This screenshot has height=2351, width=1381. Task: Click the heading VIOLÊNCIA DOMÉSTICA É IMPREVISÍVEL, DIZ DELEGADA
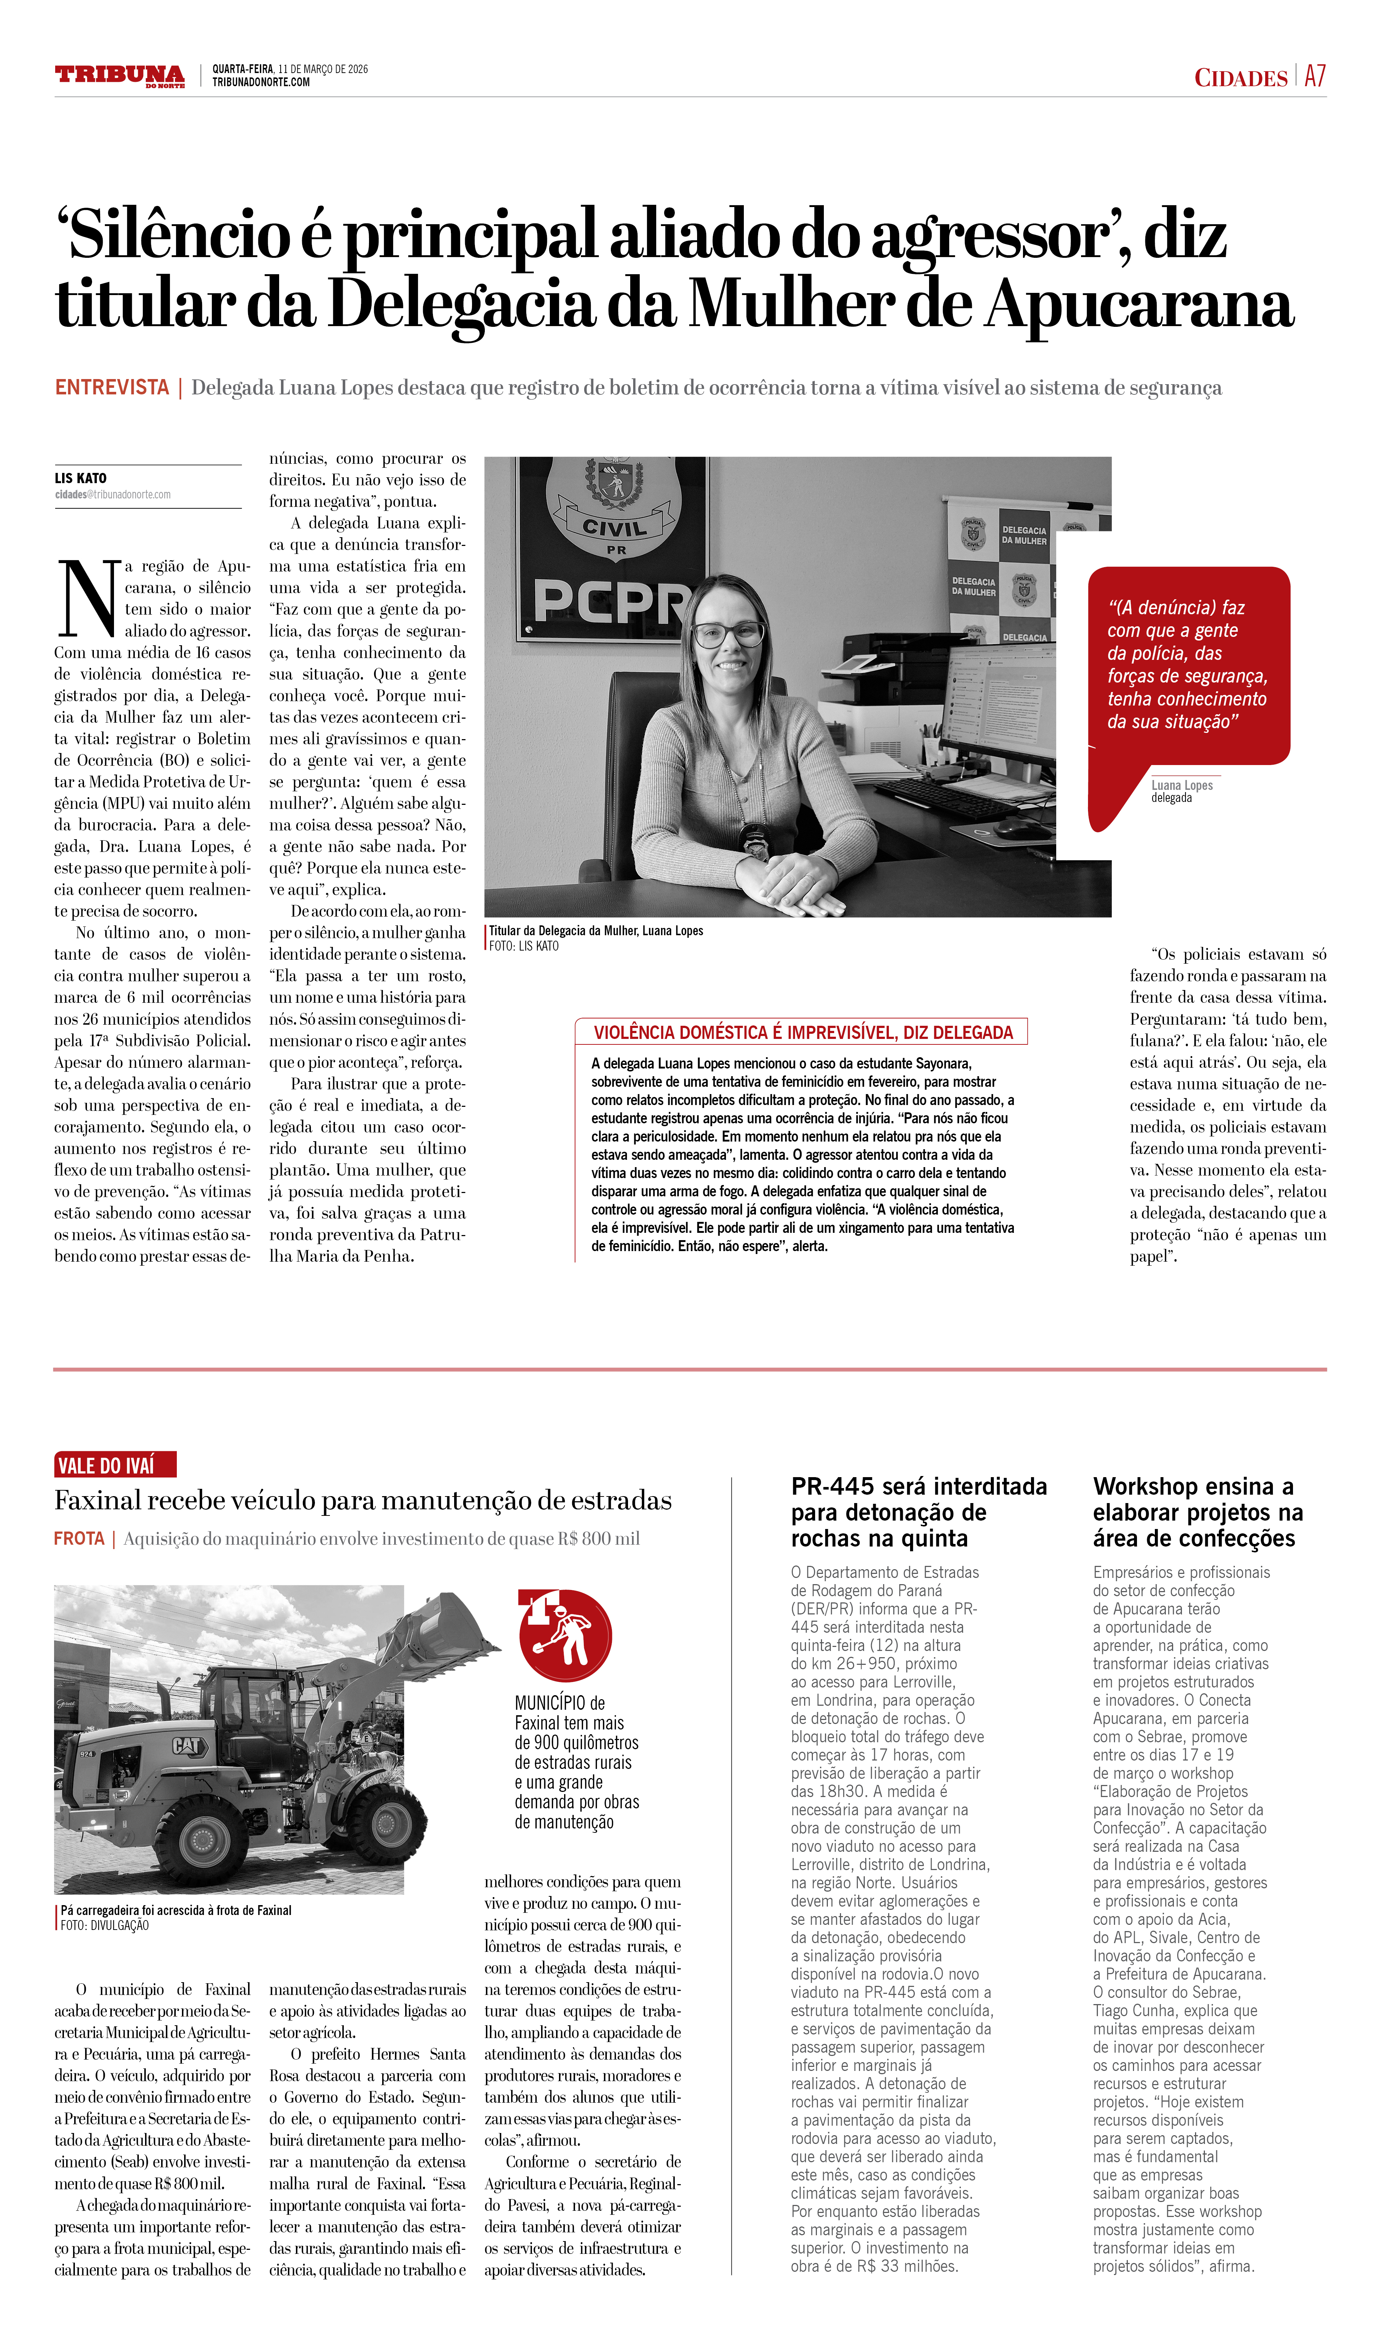[802, 1032]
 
